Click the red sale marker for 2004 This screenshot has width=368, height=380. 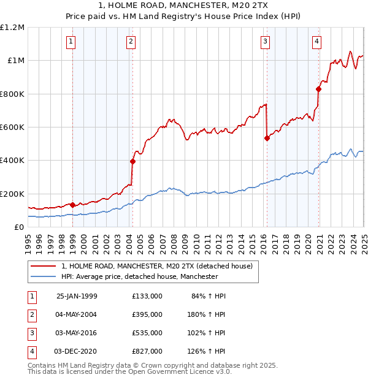pyautogui.click(x=132, y=161)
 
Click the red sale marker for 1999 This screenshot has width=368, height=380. pyautogui.click(x=73, y=205)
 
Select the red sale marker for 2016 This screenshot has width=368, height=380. pyautogui.click(x=267, y=138)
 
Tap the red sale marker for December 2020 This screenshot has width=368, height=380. pyautogui.click(x=318, y=89)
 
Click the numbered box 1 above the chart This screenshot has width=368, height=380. pyautogui.click(x=71, y=42)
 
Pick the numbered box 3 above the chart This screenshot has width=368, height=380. pyautogui.click(x=265, y=42)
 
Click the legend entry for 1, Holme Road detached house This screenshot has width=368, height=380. pyautogui.click(x=160, y=266)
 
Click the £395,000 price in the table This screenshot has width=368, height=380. pyautogui.click(x=147, y=314)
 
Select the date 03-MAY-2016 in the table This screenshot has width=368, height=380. pyautogui.click(x=76, y=333)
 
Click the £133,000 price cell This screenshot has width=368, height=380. pyautogui.click(x=147, y=296)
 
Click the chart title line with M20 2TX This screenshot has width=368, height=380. pyautogui.click(x=184, y=6)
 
